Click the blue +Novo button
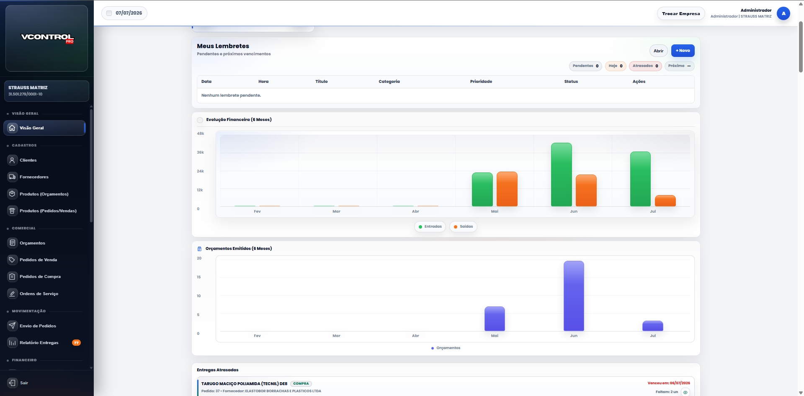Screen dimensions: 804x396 pos(683,51)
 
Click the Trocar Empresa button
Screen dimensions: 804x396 pos(681,13)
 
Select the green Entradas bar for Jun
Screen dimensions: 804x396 pos(562,175)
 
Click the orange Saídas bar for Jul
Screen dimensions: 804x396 pos(665,201)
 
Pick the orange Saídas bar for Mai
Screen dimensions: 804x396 pos(507,189)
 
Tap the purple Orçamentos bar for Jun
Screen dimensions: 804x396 pos(574,296)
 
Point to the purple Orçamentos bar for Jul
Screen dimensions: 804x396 pos(653,326)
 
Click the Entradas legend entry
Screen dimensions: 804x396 pos(430,227)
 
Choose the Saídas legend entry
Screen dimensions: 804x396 pos(463,227)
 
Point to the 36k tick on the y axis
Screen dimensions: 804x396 pos(200,152)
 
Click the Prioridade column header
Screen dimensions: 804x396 pos(481,82)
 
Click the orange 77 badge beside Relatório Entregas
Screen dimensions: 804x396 pos(76,343)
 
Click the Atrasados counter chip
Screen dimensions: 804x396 pos(645,66)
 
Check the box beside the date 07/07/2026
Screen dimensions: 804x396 pos(109,13)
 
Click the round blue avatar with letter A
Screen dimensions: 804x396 pos(783,13)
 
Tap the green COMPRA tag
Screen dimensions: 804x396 pos(301,384)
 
